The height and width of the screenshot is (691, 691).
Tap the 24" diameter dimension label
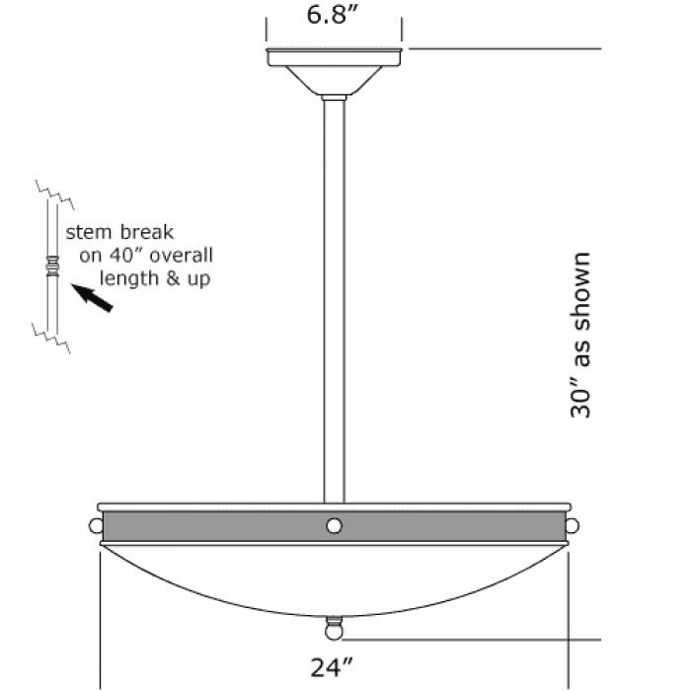click(x=332, y=667)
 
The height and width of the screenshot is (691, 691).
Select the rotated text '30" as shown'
click(x=580, y=335)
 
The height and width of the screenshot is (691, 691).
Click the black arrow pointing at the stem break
click(x=93, y=298)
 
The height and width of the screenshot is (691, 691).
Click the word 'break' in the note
click(x=147, y=232)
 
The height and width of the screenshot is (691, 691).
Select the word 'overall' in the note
click(x=181, y=255)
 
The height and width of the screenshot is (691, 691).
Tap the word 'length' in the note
click(x=128, y=278)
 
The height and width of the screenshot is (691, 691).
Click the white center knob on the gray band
click(x=334, y=526)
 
